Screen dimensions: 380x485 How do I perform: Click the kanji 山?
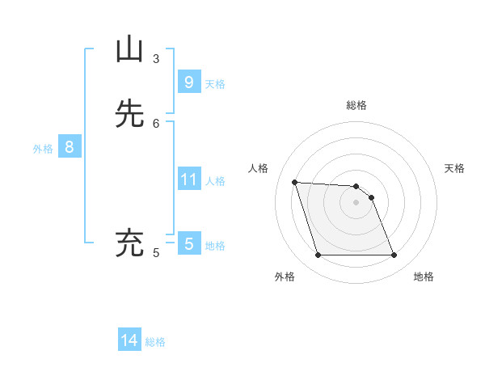point(130,50)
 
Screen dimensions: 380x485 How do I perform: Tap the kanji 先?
point(130,114)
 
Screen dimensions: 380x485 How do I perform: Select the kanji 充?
point(130,243)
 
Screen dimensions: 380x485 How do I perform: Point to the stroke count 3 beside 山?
point(156,59)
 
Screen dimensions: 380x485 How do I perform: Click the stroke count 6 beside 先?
point(156,123)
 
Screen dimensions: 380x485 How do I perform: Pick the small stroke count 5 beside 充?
point(156,253)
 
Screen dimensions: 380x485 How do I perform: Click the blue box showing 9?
point(188,82)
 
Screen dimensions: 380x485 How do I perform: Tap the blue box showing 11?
point(188,179)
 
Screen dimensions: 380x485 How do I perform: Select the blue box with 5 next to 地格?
point(188,243)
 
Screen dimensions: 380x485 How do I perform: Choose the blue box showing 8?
point(70,147)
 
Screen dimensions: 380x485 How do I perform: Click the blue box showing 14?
point(129,340)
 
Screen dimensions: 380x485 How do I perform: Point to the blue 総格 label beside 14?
point(155,342)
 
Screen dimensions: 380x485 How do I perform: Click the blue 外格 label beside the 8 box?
point(43,149)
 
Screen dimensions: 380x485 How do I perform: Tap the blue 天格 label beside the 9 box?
point(214,83)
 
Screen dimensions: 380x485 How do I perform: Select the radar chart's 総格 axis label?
point(356,105)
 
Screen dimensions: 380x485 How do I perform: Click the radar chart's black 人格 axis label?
point(259,168)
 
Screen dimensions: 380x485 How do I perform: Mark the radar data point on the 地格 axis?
point(394,255)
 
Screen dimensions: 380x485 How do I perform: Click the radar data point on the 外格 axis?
point(318,255)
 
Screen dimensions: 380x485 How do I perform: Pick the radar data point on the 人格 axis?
point(294,182)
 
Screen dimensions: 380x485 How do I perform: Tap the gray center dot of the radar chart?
point(356,202)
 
